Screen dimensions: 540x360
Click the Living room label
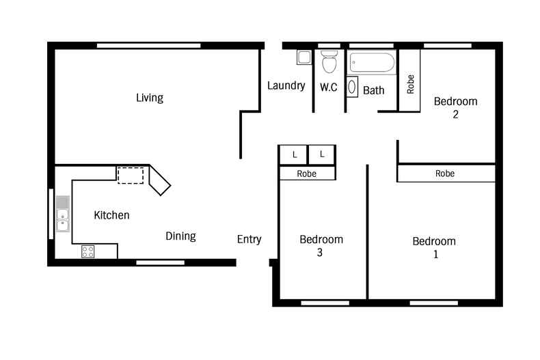(x=150, y=98)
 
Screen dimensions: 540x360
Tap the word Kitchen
(x=111, y=215)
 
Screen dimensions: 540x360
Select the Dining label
(x=181, y=236)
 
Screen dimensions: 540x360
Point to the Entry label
(x=249, y=239)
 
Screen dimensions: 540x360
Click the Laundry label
(x=286, y=85)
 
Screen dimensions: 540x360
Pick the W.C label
(x=329, y=87)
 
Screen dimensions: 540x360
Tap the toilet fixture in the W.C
(x=329, y=61)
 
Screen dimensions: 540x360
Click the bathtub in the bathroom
(x=372, y=63)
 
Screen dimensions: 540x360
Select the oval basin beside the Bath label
(x=352, y=87)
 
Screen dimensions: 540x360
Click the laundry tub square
(x=304, y=57)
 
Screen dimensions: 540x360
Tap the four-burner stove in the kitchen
(x=87, y=251)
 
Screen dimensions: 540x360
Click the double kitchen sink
(x=63, y=214)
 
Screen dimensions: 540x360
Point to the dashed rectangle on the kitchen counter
(x=131, y=176)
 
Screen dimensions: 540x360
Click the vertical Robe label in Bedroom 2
(x=410, y=84)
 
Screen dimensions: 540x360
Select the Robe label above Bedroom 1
(x=445, y=174)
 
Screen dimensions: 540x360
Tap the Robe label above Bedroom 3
(x=306, y=174)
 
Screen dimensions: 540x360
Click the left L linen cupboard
(x=293, y=155)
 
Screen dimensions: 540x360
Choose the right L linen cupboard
(x=322, y=154)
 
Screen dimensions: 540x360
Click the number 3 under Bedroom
(x=320, y=253)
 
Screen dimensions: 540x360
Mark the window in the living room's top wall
(x=149, y=46)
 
